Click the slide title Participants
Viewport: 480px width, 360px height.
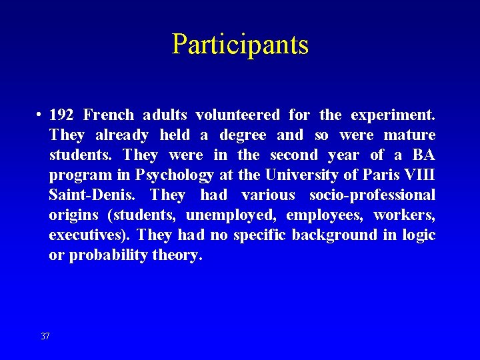click(x=240, y=44)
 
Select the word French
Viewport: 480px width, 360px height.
click(x=109, y=115)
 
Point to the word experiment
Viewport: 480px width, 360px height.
click(x=393, y=115)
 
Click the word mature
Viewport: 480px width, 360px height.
click(x=410, y=135)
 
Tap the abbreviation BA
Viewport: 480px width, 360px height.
click(x=423, y=155)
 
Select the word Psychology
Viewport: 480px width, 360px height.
click(x=175, y=175)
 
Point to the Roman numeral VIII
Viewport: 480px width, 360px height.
click(x=419, y=175)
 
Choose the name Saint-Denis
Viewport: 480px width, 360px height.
click(x=94, y=195)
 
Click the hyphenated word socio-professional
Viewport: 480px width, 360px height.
click(x=372, y=195)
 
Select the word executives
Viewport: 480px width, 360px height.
click(x=89, y=235)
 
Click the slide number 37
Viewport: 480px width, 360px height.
click(x=45, y=336)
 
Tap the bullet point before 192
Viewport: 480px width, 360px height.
click(x=40, y=115)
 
